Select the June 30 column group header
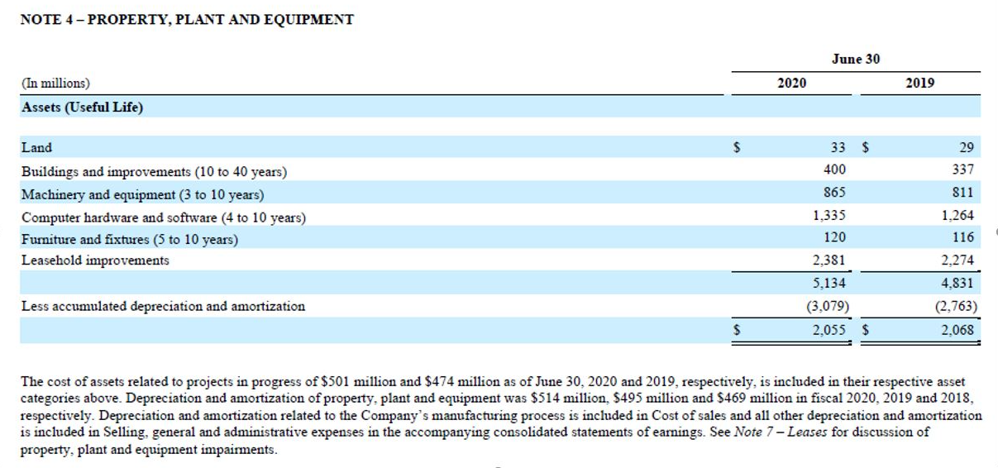(x=855, y=59)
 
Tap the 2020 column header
(x=792, y=83)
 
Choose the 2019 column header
(x=919, y=83)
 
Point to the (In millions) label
(x=55, y=83)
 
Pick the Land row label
(x=36, y=147)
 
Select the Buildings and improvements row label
(x=154, y=171)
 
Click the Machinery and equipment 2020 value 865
(x=834, y=192)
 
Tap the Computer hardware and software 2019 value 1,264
(x=957, y=215)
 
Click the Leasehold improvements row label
(x=95, y=260)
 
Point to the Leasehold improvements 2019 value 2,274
(x=957, y=260)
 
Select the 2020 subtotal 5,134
(x=829, y=283)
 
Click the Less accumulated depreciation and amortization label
(x=163, y=306)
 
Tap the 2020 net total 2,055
(x=829, y=330)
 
